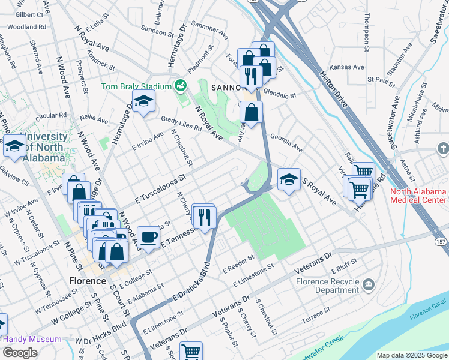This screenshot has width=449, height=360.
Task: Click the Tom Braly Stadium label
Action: point(136,86)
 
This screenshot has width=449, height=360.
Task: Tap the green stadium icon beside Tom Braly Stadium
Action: point(179,86)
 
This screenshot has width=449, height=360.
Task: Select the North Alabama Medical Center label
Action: point(418,196)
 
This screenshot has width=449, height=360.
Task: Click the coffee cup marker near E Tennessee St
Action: point(148,236)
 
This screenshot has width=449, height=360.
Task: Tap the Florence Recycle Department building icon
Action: point(369,283)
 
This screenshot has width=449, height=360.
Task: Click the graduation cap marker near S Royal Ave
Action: point(289,179)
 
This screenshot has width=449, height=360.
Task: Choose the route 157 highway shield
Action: point(441,241)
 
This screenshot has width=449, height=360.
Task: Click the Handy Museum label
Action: point(32,339)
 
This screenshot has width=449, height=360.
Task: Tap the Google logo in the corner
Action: point(19,353)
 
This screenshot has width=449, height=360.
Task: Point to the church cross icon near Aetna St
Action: point(442,148)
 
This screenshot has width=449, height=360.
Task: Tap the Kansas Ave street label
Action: point(351,67)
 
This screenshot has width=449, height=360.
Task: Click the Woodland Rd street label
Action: point(27,27)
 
